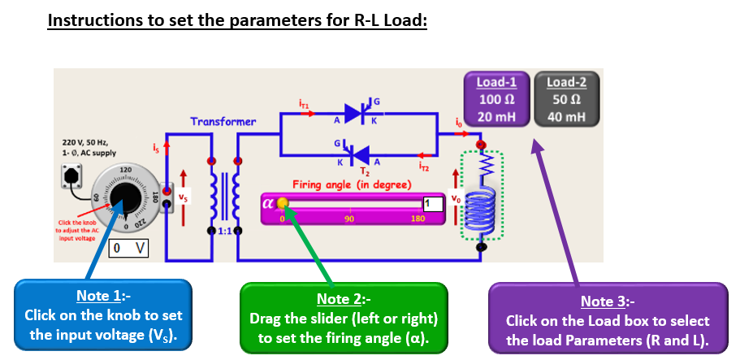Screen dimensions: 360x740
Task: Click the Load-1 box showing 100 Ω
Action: click(497, 100)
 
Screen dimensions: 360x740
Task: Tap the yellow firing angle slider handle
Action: click(282, 203)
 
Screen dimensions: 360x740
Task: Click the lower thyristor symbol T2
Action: click(355, 154)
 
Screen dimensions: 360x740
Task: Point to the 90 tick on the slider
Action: click(349, 219)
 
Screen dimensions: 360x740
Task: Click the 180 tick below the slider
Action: click(418, 219)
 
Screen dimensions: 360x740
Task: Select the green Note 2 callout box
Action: click(345, 318)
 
